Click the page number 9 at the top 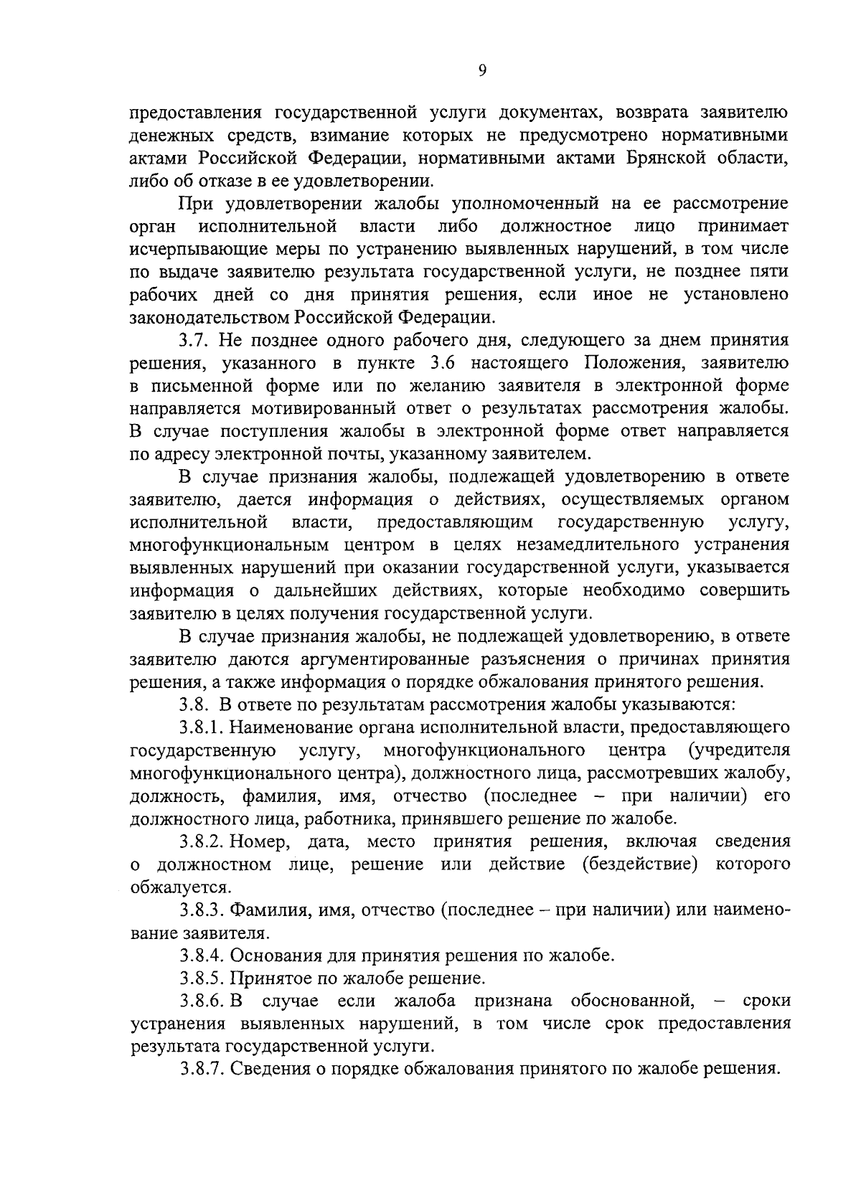coord(482,70)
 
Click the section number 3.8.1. coord(202,727)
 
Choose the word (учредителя coord(738,750)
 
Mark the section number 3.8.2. coord(203,841)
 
